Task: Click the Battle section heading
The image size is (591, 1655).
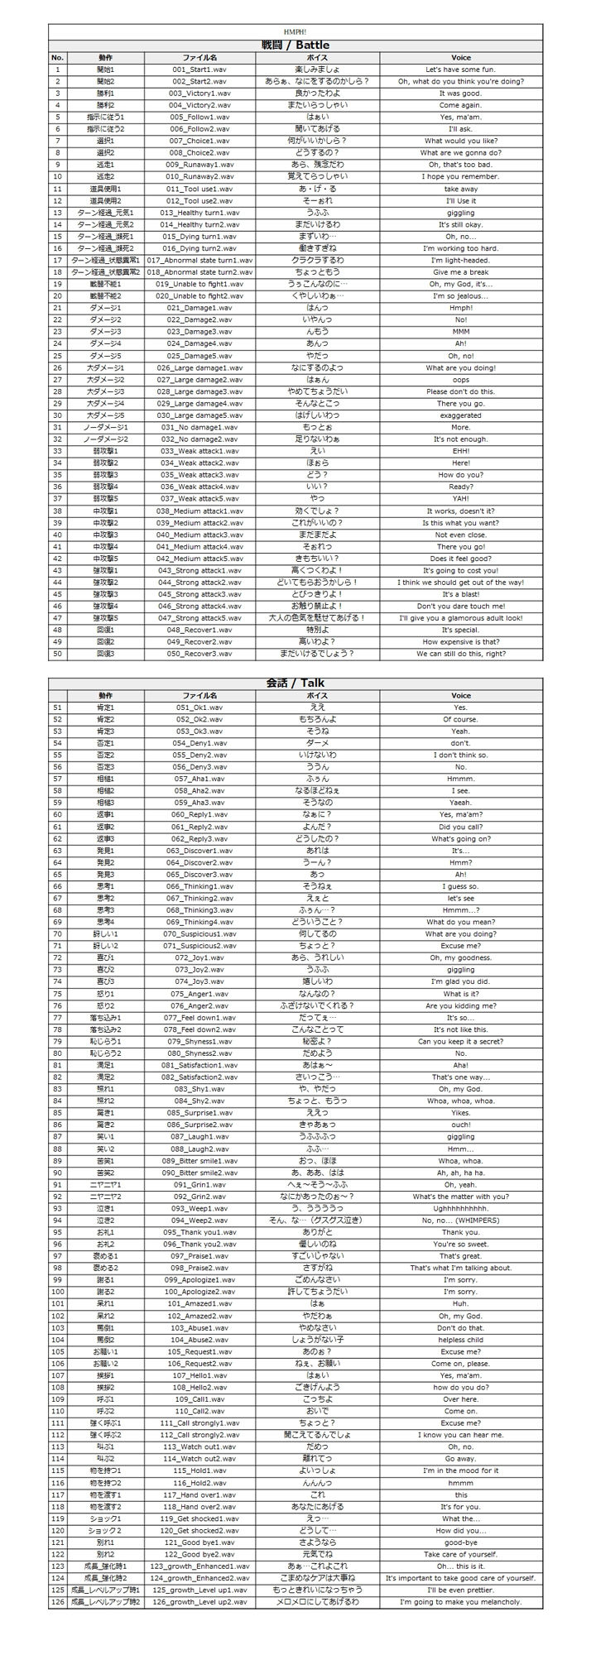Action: (x=295, y=46)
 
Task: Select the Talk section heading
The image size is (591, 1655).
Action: (x=295, y=683)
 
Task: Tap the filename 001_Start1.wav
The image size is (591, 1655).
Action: (x=199, y=70)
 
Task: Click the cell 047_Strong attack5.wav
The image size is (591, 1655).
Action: (x=199, y=618)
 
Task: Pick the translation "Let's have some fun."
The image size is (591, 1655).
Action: (x=460, y=70)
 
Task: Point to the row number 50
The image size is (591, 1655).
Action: (x=58, y=654)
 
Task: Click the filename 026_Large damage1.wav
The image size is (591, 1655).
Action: (x=199, y=367)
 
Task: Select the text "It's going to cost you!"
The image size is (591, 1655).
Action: (x=460, y=570)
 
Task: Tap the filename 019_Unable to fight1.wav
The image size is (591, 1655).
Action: (x=199, y=284)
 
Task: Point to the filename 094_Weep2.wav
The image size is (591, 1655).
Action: (x=199, y=1220)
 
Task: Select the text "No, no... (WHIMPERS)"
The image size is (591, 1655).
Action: (x=460, y=1220)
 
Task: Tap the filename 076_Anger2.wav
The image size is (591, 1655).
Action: (x=199, y=1005)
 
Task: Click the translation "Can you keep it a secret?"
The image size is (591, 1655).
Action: (x=460, y=1041)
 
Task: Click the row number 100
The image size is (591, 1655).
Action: (x=58, y=1292)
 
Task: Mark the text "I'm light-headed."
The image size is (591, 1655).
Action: (x=460, y=260)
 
